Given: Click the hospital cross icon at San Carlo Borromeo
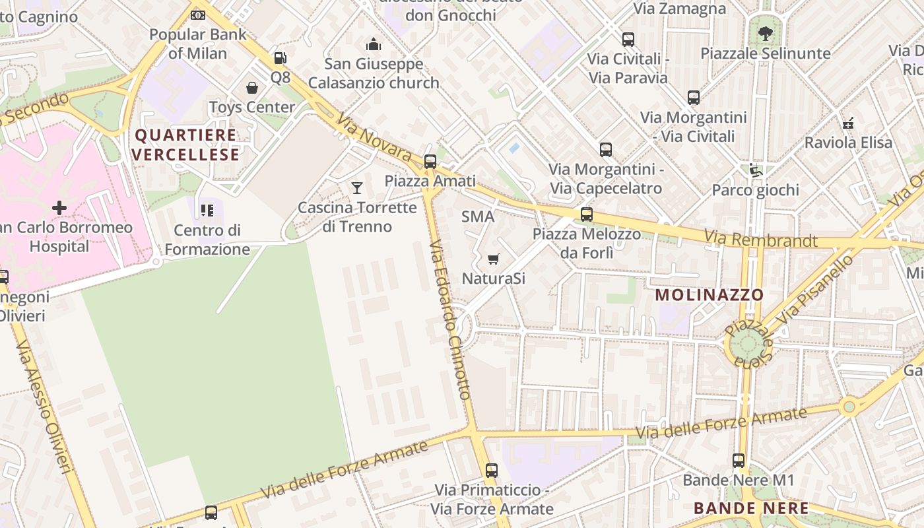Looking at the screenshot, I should tap(59, 208).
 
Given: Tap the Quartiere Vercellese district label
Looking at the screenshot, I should tap(185, 145).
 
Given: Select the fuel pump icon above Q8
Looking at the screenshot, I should tap(280, 58).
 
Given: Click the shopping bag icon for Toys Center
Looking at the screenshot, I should tap(252, 88).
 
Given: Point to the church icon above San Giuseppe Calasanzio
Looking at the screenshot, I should tap(374, 45).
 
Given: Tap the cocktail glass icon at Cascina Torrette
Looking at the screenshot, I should tap(357, 188).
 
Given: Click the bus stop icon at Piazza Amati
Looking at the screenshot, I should tap(430, 161).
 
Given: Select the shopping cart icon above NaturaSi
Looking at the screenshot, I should tap(493, 259).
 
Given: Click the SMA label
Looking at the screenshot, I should tap(478, 216).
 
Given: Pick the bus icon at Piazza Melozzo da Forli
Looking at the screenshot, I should tap(586, 214).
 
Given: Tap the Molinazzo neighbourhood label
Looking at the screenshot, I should tap(709, 295).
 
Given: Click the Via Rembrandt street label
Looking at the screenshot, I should tap(760, 239).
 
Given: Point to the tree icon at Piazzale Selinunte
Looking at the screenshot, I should tap(765, 34).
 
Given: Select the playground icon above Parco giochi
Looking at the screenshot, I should tap(755, 171).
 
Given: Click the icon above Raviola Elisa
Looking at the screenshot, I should tap(849, 123).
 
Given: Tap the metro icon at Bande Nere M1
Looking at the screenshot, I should tap(739, 461).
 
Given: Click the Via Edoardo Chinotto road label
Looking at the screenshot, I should tap(449, 320).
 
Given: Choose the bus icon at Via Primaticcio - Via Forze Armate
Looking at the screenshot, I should tap(492, 471).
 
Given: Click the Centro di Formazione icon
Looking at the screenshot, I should tap(207, 211).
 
